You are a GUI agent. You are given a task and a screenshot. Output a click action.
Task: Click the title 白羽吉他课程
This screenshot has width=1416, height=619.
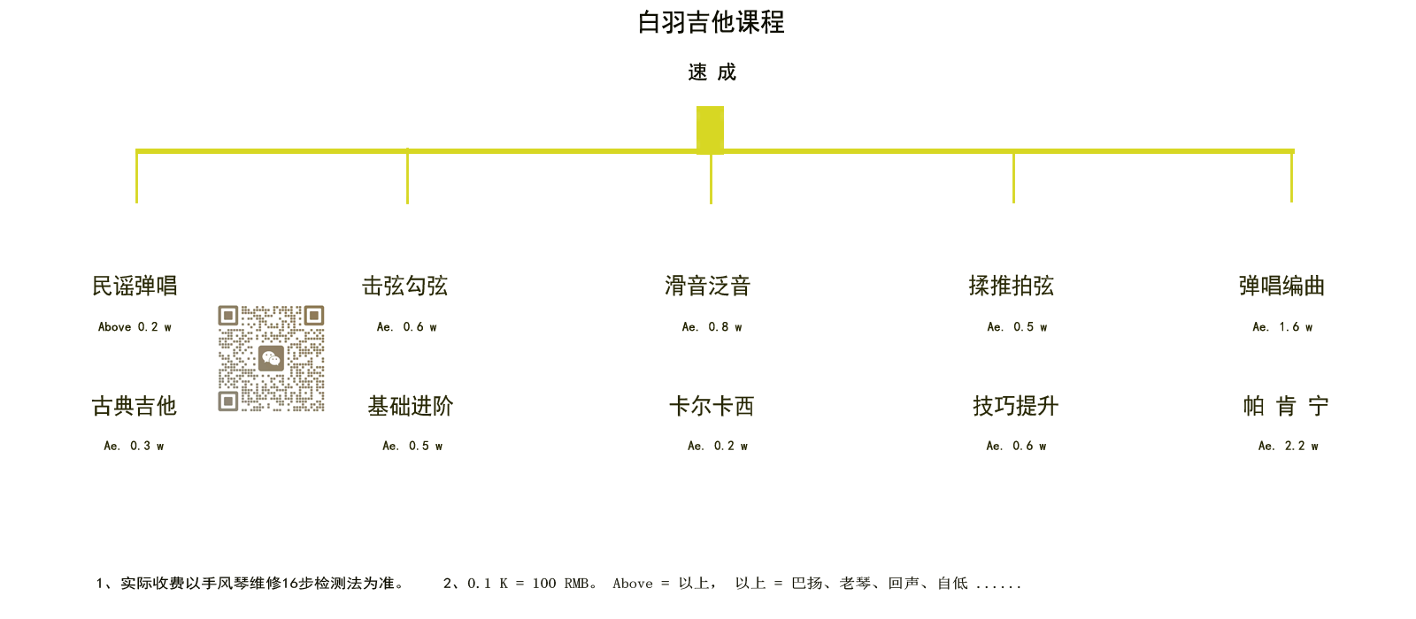712,23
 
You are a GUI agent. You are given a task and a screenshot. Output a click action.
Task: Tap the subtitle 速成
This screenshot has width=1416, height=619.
712,73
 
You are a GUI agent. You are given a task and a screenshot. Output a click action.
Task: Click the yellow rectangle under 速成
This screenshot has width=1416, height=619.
710,129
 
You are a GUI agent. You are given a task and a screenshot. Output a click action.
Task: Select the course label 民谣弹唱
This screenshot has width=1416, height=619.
135,287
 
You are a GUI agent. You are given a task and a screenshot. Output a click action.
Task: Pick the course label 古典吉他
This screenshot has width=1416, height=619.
134,406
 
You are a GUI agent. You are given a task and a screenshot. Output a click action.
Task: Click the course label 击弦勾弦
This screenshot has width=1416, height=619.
404,287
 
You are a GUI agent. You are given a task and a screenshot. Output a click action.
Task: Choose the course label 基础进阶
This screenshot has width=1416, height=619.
411,406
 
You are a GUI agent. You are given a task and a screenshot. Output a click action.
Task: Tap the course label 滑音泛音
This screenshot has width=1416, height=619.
707,287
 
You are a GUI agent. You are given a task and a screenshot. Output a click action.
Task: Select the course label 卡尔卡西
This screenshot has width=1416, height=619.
712,406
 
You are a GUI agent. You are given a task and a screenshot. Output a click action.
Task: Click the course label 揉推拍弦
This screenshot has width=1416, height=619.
1012,287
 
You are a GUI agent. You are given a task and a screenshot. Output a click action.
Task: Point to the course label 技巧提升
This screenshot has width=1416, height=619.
1016,406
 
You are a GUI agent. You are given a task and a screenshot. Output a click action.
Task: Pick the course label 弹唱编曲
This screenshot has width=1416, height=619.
1281,287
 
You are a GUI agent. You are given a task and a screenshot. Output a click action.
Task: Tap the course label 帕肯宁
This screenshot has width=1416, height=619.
1286,406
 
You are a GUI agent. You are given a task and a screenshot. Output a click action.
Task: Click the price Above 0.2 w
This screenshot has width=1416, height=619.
135,327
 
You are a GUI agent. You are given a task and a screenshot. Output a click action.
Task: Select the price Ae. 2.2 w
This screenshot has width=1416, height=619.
1289,446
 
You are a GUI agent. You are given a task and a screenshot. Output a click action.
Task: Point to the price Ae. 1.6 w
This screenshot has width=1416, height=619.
1282,327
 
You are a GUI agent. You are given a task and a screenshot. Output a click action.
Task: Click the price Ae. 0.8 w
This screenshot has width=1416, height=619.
712,327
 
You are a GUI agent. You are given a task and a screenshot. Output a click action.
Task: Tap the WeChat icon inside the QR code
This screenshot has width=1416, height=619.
271,358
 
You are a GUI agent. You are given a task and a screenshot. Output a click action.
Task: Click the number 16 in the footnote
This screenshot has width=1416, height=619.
291,584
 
